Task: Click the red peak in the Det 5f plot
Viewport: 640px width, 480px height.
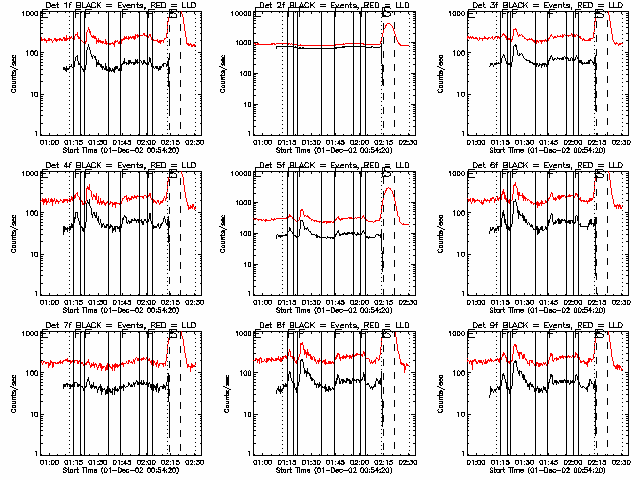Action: point(388,189)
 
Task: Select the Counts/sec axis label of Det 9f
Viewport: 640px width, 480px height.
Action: point(441,396)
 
